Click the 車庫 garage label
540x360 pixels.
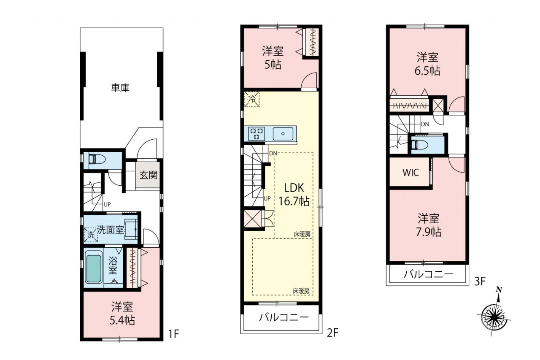click(x=120, y=87)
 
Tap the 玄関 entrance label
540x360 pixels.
click(x=148, y=175)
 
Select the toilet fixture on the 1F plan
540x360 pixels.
click(x=97, y=159)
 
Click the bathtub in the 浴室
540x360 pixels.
click(x=93, y=268)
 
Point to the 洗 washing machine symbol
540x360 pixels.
click(x=91, y=235)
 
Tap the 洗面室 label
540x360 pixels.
click(x=111, y=230)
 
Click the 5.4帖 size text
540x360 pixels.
click(x=122, y=320)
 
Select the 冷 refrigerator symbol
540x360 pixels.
click(x=252, y=99)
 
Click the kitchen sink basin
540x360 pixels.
click(x=283, y=134)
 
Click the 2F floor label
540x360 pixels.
click(x=333, y=333)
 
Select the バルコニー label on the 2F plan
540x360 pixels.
click(x=284, y=317)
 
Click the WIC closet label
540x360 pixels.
click(x=411, y=173)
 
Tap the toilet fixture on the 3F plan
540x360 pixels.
click(x=420, y=145)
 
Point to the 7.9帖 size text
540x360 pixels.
click(x=429, y=232)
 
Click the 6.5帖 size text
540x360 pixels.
click(x=427, y=71)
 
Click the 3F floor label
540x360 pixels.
click(x=480, y=281)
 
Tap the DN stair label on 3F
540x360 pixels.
click(x=425, y=124)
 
